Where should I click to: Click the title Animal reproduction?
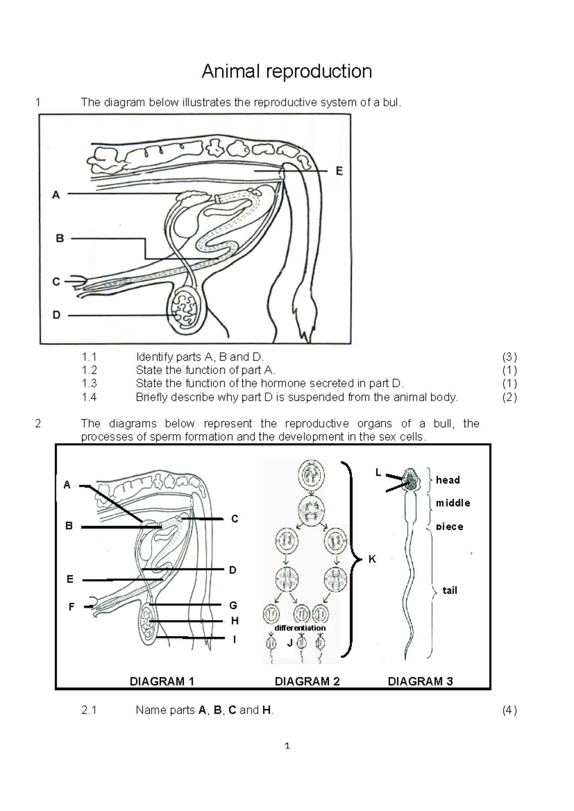287,71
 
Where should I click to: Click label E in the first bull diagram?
339,171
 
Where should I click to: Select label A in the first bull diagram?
56,195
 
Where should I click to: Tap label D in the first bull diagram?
56,315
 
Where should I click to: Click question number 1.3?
89,384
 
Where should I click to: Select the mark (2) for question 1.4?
509,397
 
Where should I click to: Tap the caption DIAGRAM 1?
162,681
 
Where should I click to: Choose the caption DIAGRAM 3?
420,681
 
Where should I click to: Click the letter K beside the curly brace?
372,559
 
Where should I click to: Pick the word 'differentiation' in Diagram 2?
300,628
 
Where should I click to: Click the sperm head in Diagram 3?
410,480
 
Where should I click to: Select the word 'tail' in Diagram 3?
450,591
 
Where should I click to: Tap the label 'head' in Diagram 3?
448,480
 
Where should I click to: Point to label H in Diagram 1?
234,621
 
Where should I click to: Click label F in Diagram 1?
71,607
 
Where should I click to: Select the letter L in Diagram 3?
378,472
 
